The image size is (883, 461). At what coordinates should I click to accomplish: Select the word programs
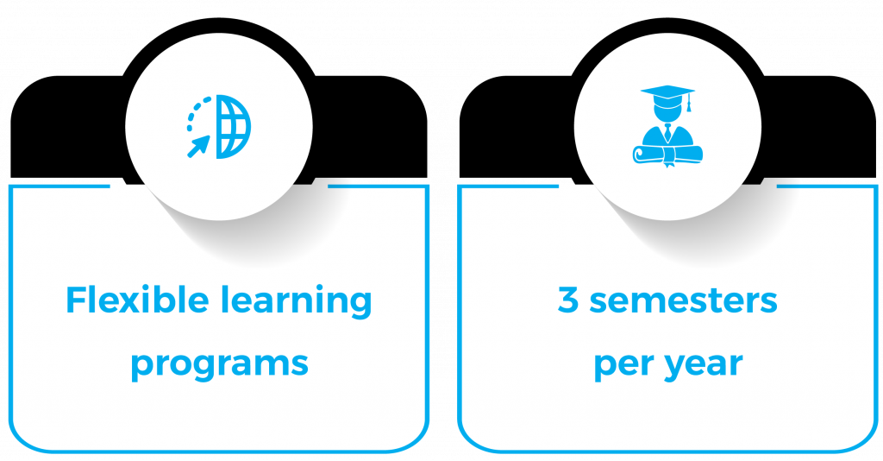click(x=219, y=363)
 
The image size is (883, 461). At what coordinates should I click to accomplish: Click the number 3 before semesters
click(x=568, y=301)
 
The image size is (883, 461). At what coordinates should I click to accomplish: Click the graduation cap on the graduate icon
click(x=666, y=93)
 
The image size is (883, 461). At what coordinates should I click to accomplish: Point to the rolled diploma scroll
click(x=667, y=154)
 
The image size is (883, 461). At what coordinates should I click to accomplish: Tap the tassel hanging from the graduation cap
click(x=688, y=104)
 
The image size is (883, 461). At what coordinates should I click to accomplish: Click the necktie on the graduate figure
click(x=667, y=132)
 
